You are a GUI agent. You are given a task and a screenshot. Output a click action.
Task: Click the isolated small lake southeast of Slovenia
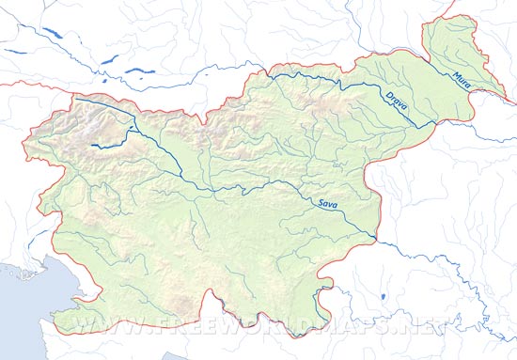click(384, 298)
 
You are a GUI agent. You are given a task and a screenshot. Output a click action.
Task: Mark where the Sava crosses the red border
click(376, 239)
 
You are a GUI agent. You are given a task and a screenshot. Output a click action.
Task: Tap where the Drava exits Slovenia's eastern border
click(434, 122)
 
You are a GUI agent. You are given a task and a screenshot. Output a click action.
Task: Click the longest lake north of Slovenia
click(47, 38)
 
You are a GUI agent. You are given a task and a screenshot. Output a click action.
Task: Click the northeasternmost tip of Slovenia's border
click(466, 16)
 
